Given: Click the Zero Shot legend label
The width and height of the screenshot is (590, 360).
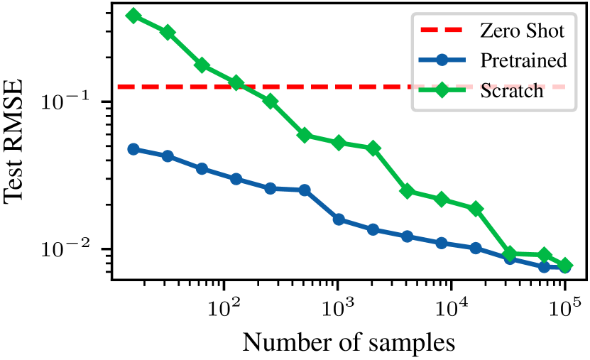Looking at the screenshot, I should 522,31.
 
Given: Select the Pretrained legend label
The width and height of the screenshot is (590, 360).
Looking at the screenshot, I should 523,60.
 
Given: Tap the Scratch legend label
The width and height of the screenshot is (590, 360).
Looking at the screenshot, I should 512,90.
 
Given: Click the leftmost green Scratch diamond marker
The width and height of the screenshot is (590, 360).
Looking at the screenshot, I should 133,16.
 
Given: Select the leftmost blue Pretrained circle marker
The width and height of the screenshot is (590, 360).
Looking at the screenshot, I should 133,149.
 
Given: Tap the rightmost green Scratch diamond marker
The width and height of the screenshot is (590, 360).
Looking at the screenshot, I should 565,266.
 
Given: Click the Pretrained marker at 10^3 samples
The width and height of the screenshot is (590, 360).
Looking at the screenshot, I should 339,219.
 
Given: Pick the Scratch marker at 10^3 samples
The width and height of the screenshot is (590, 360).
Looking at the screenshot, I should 339,143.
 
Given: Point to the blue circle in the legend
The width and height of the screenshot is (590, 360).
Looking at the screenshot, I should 442,60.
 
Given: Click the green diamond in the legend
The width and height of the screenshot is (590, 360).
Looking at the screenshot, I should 442,90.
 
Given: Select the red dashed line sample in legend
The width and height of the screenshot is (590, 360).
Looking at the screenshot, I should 442,31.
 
